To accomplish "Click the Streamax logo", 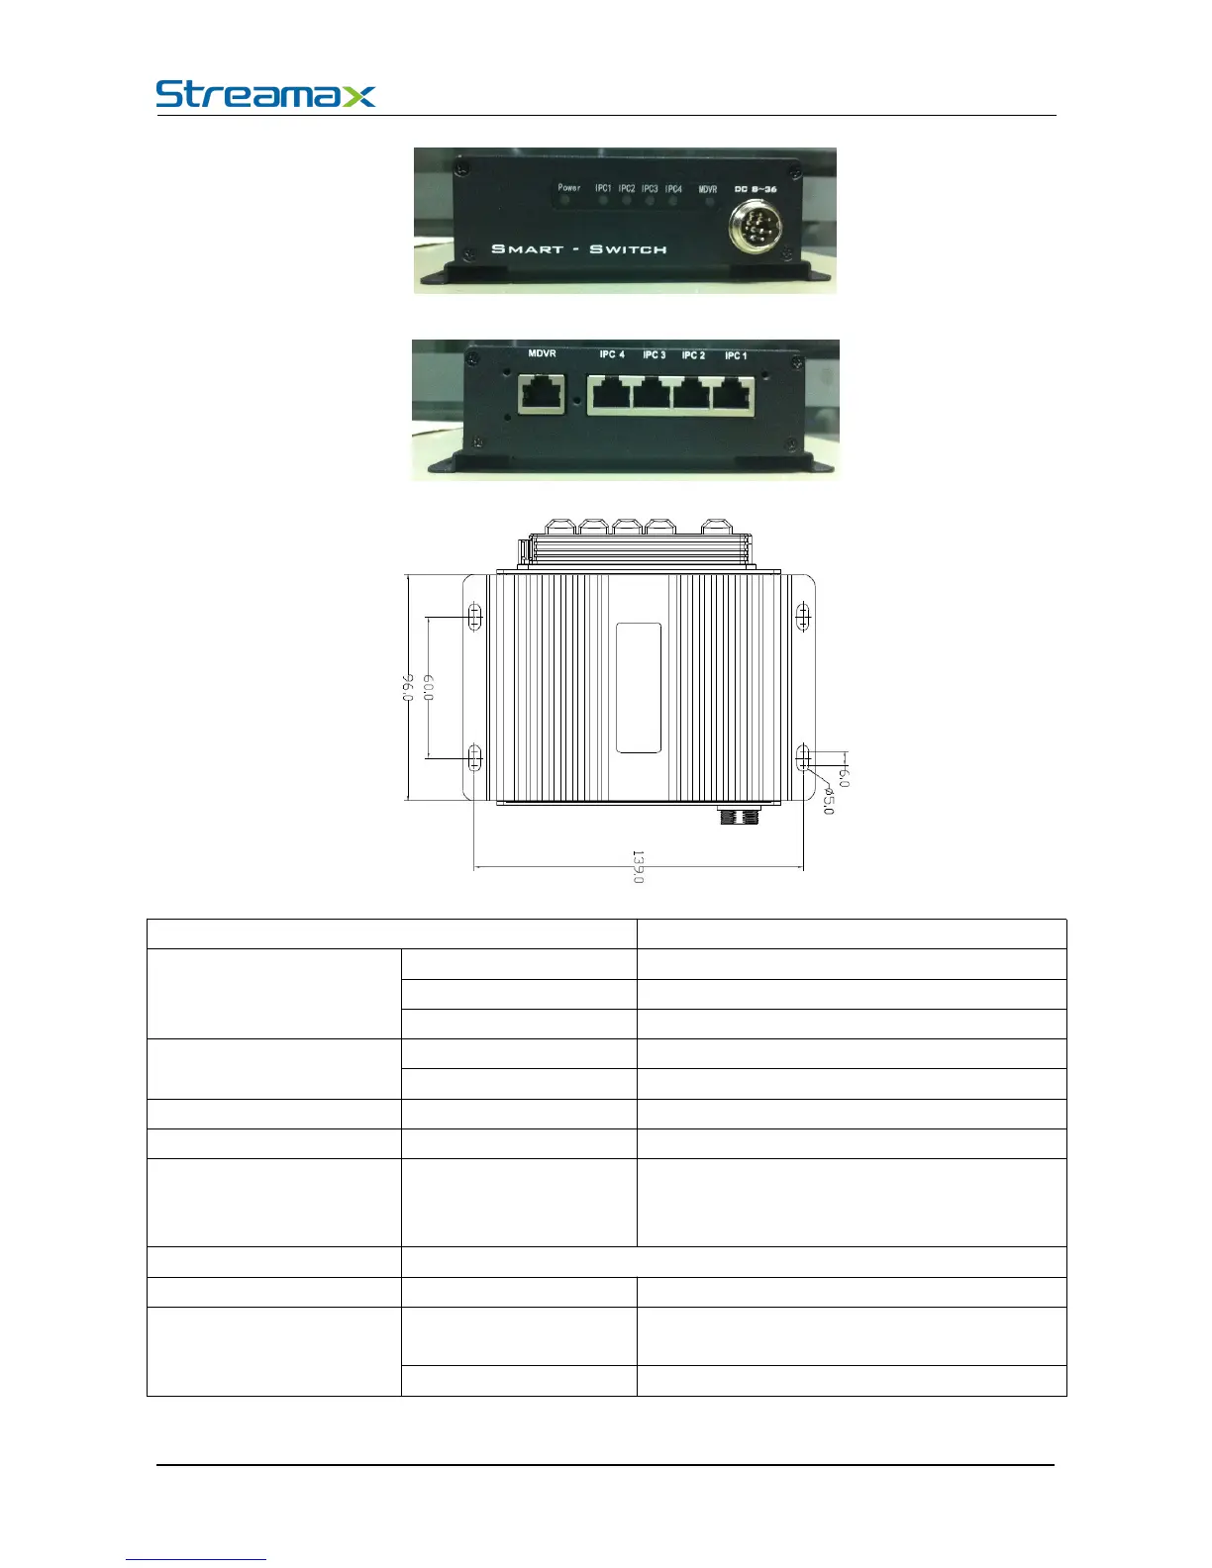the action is click(265, 95).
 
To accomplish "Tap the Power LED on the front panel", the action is click(567, 201).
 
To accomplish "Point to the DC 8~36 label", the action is click(755, 188).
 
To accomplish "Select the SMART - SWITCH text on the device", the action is click(579, 248).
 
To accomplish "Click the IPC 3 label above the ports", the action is click(654, 354).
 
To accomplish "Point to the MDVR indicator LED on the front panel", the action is click(708, 202).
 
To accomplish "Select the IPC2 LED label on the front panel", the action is click(627, 188).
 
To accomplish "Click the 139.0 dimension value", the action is click(639, 867).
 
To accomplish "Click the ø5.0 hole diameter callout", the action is click(829, 801).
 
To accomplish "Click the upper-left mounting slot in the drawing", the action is click(474, 618).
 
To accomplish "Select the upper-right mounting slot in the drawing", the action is click(803, 618).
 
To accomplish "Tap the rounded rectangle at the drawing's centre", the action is click(639, 687).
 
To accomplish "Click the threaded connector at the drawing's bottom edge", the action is click(738, 818).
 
